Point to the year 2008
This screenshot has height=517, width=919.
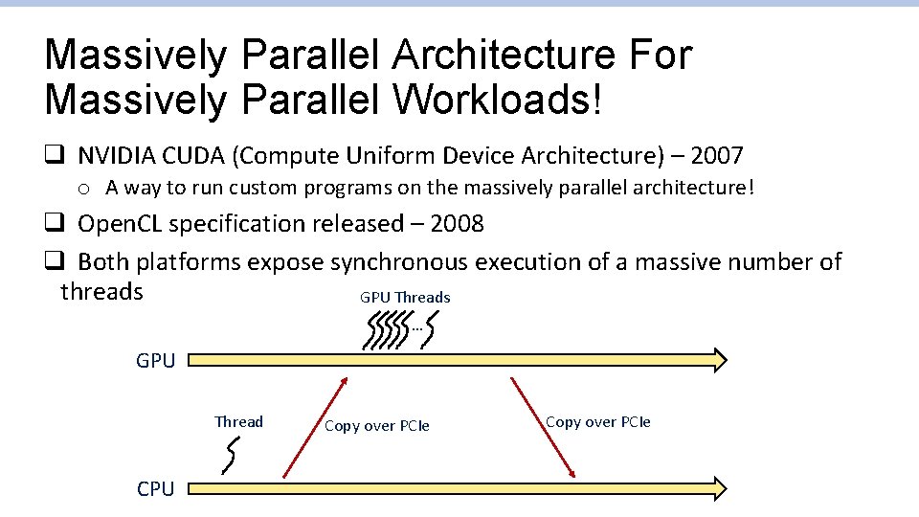click(457, 224)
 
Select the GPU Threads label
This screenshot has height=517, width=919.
click(405, 298)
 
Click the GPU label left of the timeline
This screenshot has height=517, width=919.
click(155, 361)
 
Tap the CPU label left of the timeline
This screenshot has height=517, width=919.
click(155, 489)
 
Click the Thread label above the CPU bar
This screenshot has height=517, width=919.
click(238, 422)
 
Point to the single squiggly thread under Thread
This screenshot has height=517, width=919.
click(230, 455)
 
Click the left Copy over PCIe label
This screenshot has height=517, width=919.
click(377, 426)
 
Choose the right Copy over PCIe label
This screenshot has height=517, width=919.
click(598, 422)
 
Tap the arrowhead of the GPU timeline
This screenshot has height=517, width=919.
click(716, 360)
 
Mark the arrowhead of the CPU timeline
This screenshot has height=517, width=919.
click(716, 488)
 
